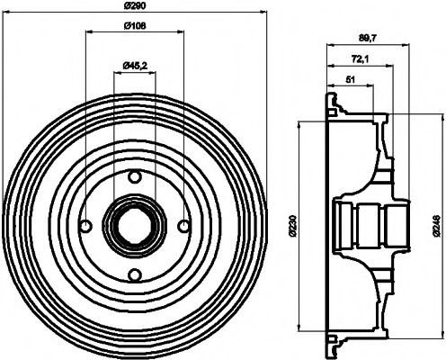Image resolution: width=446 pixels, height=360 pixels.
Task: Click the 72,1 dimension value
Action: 357,59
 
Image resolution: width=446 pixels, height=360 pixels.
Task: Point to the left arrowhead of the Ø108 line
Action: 87,32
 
